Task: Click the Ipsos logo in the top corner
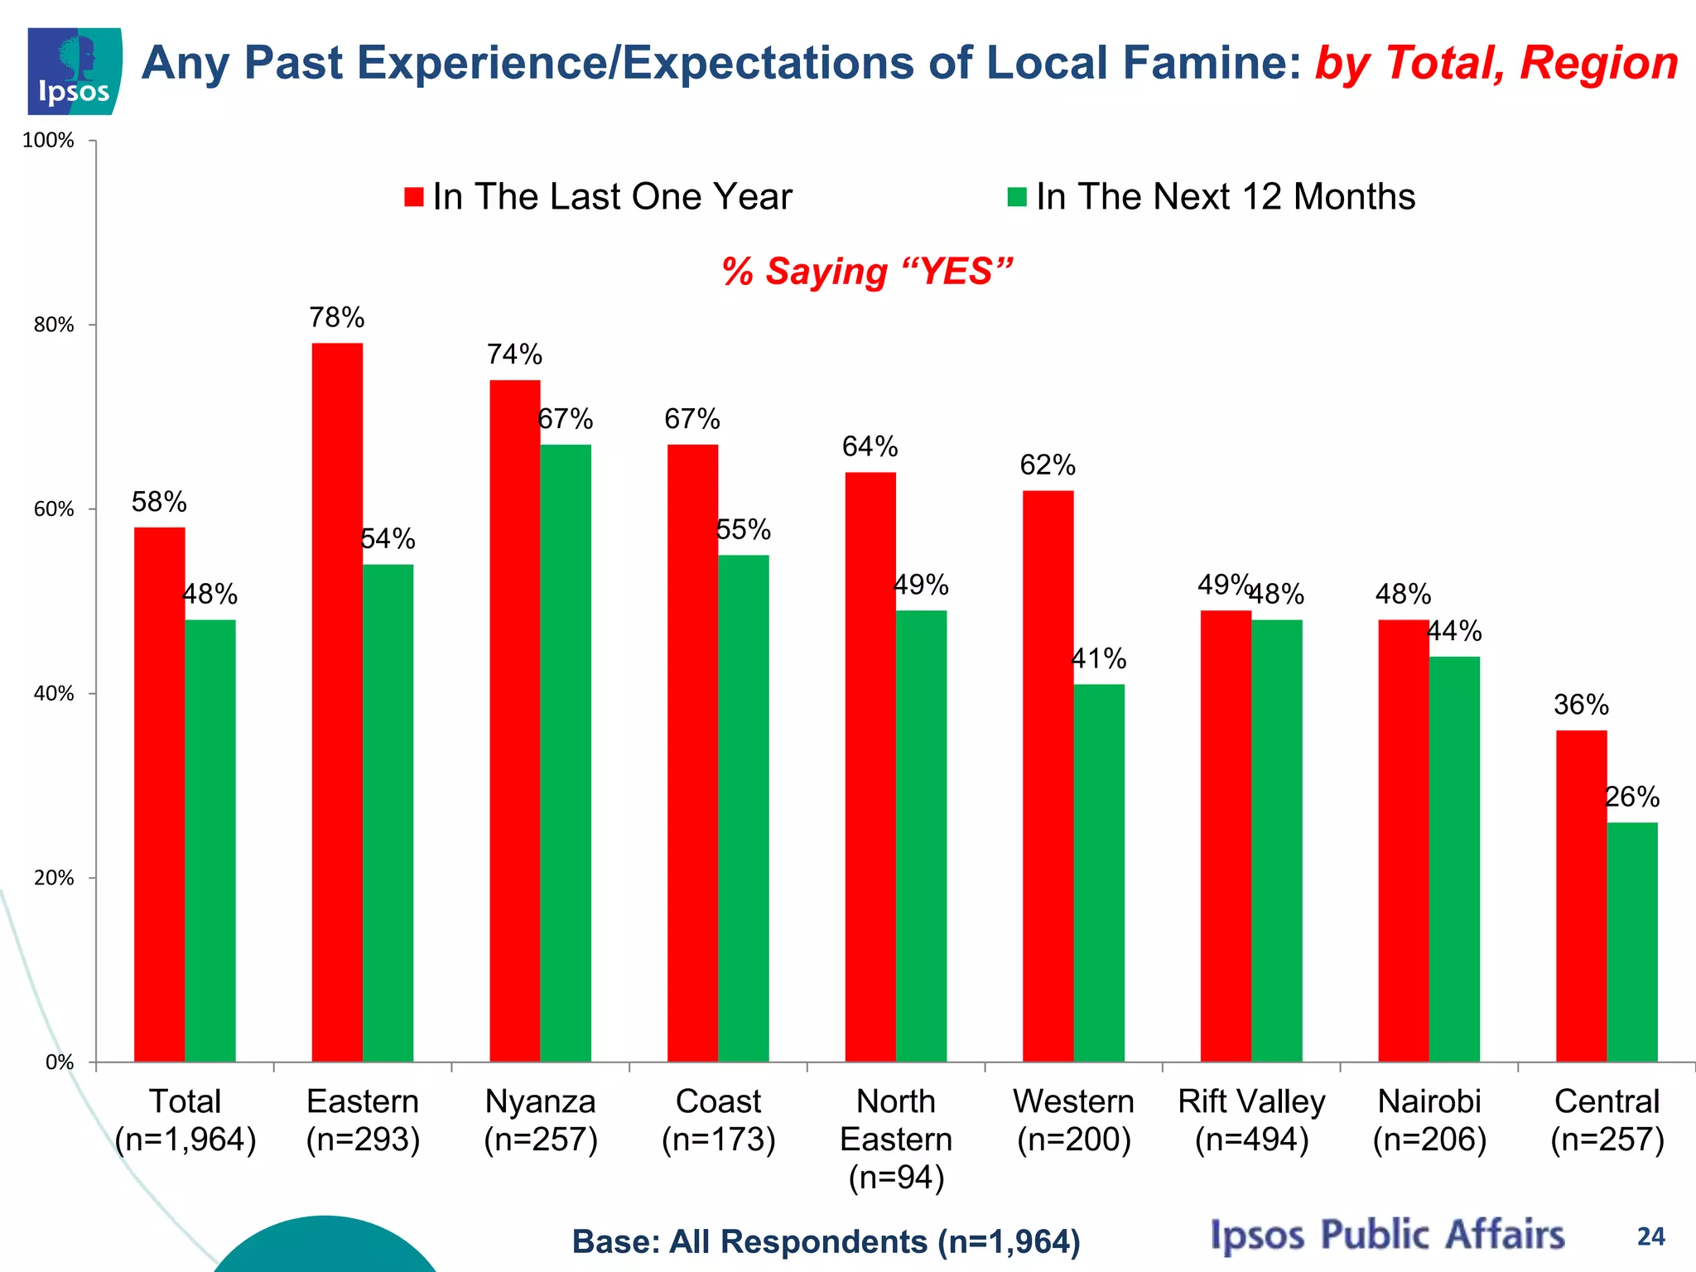pyautogui.click(x=75, y=71)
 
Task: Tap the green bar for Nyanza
pyautogui.click(x=566, y=753)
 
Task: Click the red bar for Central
pyautogui.click(x=1581, y=895)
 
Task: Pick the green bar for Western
pyautogui.click(x=1099, y=873)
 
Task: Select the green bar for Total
pyautogui.click(x=210, y=841)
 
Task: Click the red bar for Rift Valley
pyautogui.click(x=1226, y=836)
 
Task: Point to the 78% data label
pyautogui.click(x=337, y=317)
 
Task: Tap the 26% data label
pyautogui.click(x=1632, y=797)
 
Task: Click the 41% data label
pyautogui.click(x=1099, y=659)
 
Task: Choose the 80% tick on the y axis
pyautogui.click(x=54, y=325)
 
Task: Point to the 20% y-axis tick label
pyautogui.click(x=54, y=879)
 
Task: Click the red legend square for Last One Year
pyautogui.click(x=414, y=197)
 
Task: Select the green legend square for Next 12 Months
pyautogui.click(x=1017, y=197)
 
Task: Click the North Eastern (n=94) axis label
pyautogui.click(x=896, y=1139)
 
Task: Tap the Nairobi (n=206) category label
pyautogui.click(x=1429, y=1120)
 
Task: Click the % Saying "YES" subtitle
pyautogui.click(x=867, y=272)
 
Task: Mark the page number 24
pyautogui.click(x=1650, y=1236)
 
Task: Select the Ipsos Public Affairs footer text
pyautogui.click(x=1387, y=1235)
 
